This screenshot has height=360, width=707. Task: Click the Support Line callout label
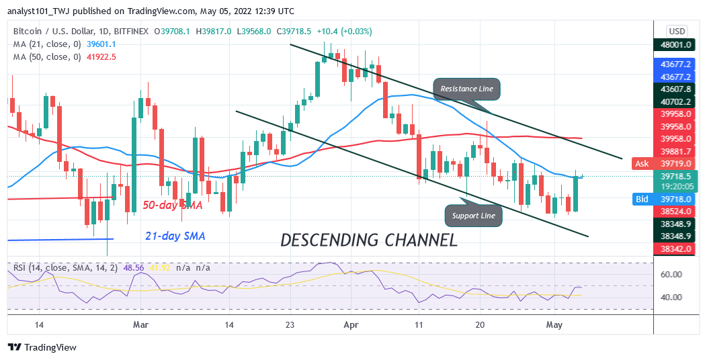pos(474,216)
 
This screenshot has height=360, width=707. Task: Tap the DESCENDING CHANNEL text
pos(369,240)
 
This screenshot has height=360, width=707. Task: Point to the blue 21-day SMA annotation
pos(175,236)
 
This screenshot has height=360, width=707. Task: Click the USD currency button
pos(676,31)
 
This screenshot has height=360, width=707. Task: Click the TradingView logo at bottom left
pos(42,347)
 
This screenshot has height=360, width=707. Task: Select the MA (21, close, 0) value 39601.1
pos(101,44)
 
